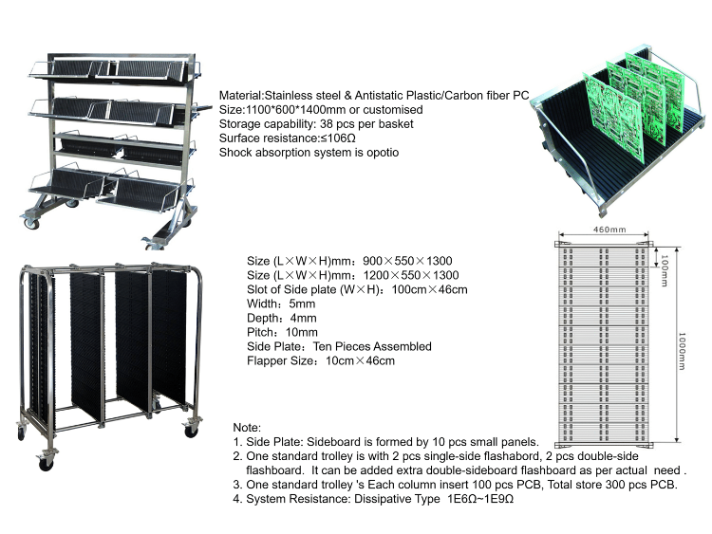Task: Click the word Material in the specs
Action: [x=241, y=96]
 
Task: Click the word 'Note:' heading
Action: [x=247, y=429]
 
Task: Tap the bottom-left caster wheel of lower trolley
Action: [x=45, y=464]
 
